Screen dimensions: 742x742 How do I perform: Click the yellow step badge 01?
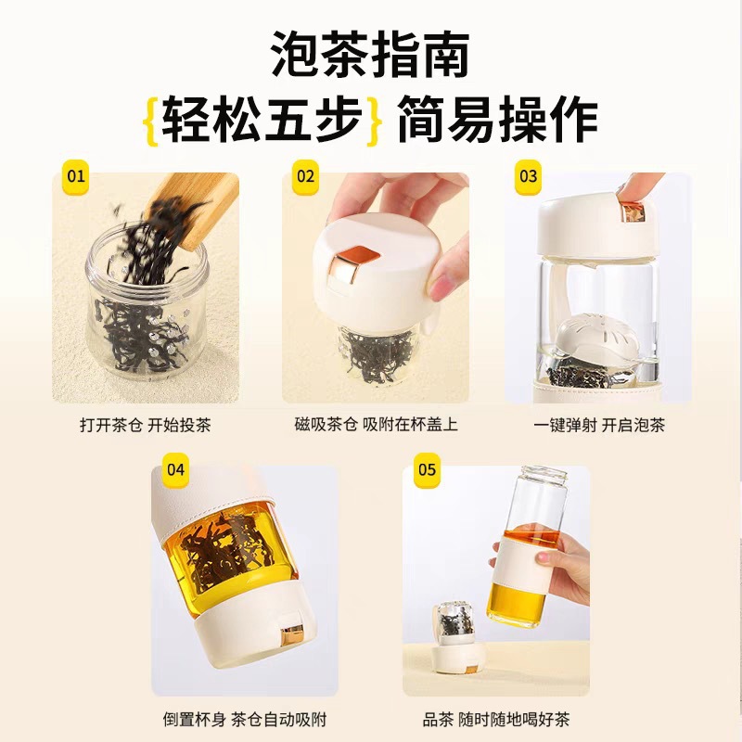[76, 176]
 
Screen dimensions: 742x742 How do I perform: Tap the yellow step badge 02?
[306, 176]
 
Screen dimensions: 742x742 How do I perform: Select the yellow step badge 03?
[528, 176]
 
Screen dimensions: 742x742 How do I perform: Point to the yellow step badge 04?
[175, 469]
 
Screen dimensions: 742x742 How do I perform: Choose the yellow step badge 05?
[427, 469]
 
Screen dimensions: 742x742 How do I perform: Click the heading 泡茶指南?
[370, 55]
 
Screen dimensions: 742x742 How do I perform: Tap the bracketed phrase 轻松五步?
[262, 120]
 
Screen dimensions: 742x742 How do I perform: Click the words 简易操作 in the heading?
[498, 120]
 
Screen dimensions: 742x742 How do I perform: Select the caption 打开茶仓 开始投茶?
[146, 425]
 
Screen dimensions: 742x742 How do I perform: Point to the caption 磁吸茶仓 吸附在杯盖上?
[377, 424]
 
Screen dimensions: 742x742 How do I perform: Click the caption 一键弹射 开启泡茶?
[599, 425]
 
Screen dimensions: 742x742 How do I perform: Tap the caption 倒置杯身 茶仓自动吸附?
[245, 720]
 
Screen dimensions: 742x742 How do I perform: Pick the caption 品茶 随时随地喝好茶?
[496, 720]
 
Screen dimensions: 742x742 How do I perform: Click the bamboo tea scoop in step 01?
[193, 207]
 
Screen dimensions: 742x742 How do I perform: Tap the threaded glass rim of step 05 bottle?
[544, 475]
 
